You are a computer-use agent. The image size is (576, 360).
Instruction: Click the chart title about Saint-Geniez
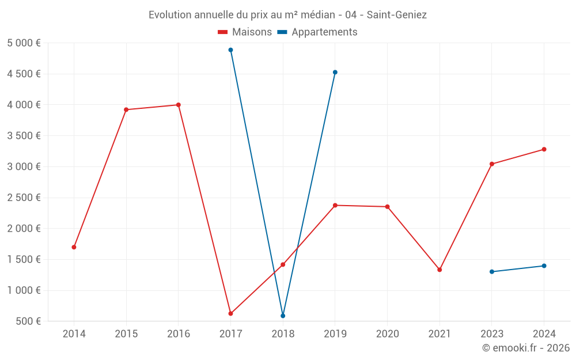287,15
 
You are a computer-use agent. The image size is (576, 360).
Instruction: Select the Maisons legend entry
245,32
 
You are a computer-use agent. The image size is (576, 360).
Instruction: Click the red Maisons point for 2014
74,247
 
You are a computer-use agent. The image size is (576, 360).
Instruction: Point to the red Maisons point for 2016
179,105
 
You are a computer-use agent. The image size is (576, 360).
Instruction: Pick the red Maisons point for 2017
230,313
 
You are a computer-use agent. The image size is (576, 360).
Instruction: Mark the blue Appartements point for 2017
230,50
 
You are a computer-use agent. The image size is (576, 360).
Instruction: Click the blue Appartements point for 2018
283,316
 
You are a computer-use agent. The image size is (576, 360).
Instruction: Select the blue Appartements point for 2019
335,73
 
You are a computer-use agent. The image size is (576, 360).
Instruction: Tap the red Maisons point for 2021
439,270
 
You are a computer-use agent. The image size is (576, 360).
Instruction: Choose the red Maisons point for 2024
544,149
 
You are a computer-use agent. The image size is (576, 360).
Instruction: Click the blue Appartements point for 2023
492,272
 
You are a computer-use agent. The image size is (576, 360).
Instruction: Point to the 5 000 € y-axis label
24,43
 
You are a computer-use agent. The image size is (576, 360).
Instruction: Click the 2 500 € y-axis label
24,198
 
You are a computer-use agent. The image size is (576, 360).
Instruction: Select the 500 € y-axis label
28,321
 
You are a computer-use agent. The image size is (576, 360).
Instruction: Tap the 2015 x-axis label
126,334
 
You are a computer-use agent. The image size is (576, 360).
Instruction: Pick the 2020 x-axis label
387,334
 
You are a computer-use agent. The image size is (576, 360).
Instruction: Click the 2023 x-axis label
492,334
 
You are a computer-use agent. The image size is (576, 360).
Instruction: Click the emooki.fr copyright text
525,348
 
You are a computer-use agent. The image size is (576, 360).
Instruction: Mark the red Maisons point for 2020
387,207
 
